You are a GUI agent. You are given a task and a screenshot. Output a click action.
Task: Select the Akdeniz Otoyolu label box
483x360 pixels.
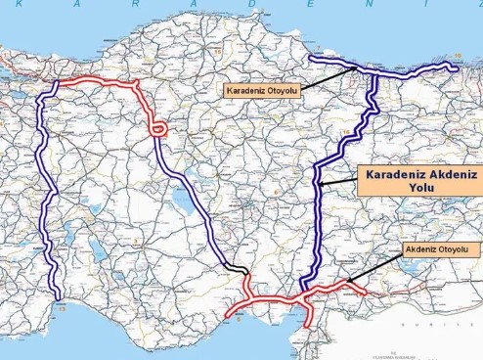pyautogui.click(x=440, y=249)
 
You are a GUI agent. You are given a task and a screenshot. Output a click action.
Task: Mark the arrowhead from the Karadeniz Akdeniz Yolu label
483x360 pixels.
pyautogui.click(x=320, y=183)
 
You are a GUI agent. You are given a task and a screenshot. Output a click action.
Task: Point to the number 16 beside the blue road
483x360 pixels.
pyautogui.click(x=345, y=130)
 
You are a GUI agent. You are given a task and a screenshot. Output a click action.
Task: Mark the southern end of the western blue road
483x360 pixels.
pyautogui.click(x=60, y=297)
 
